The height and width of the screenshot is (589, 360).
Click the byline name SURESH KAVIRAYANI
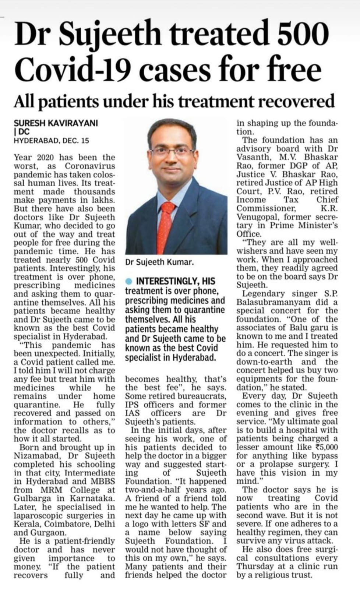coord(56,123)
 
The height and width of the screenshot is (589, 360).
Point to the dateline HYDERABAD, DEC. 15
coord(51,140)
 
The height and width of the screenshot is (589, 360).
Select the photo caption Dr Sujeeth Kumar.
coord(159,262)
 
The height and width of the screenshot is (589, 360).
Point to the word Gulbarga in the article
coord(30,498)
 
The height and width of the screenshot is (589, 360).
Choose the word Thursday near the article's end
coord(254,567)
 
